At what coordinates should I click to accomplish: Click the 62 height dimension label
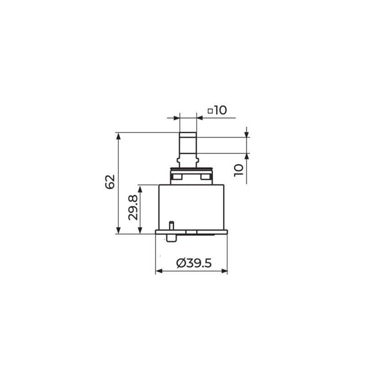tap(110, 182)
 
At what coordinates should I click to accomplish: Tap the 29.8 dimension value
tap(133, 208)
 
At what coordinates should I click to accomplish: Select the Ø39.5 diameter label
tap(194, 263)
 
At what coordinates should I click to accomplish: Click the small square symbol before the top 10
tap(210, 111)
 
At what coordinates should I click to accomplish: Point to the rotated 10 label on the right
tap(238, 170)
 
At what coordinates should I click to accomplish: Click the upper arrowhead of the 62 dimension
tap(119, 136)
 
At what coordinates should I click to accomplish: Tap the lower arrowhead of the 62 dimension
tap(119, 230)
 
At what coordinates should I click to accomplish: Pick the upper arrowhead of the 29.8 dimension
tap(140, 189)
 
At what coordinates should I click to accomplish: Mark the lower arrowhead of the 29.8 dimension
tap(140, 230)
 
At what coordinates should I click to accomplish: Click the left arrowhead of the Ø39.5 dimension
tap(159, 271)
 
